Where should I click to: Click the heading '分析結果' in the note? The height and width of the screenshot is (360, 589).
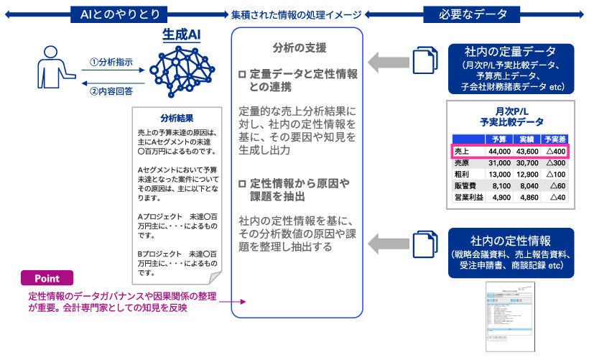177,118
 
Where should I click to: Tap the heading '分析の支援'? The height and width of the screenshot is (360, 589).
300,48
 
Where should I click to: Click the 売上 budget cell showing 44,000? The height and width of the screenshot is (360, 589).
498,151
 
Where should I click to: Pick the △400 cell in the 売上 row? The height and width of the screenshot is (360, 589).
555,151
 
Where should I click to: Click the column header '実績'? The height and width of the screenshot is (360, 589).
527,139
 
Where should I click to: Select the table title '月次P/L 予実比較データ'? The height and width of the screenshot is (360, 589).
511,116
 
